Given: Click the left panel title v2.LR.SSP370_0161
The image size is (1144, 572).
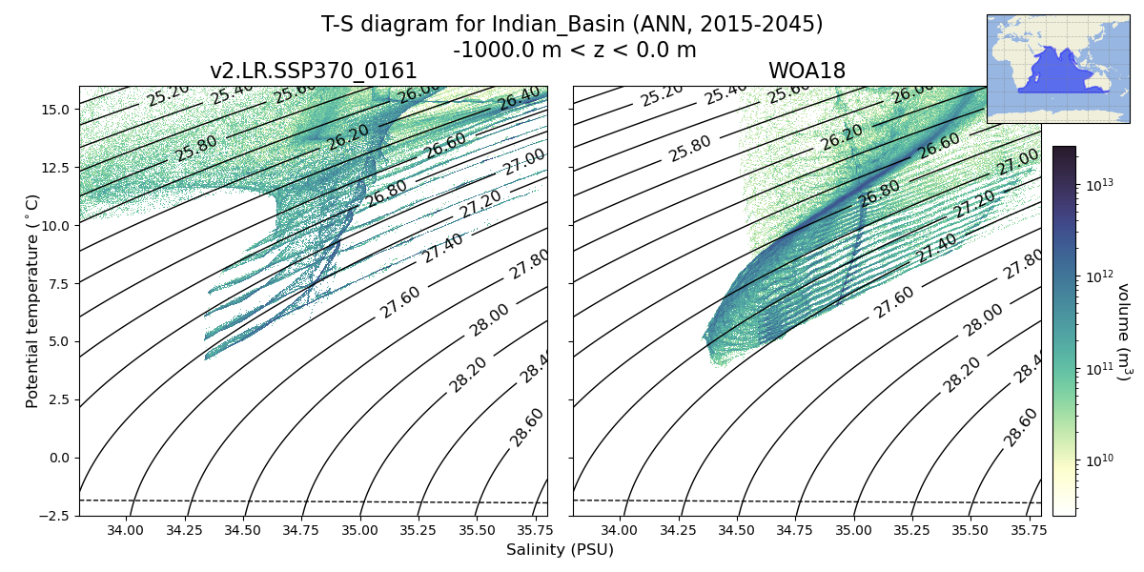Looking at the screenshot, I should [313, 71].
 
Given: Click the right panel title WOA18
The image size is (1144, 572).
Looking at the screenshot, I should [807, 71].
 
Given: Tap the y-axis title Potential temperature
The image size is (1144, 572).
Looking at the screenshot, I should [33, 300].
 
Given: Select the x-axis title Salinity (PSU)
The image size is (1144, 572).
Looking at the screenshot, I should [560, 550].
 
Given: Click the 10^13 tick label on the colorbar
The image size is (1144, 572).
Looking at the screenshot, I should [1099, 185].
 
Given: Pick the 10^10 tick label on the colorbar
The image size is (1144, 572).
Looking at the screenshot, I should [1099, 460].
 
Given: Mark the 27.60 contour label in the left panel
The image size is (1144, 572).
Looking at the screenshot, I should [400, 302].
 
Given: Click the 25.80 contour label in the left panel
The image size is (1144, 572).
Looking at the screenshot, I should [195, 148].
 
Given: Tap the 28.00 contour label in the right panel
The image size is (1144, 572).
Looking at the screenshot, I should [982, 320].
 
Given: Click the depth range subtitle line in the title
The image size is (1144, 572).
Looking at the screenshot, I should [574, 50].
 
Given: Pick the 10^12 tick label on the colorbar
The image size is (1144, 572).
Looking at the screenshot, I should [1099, 276].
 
